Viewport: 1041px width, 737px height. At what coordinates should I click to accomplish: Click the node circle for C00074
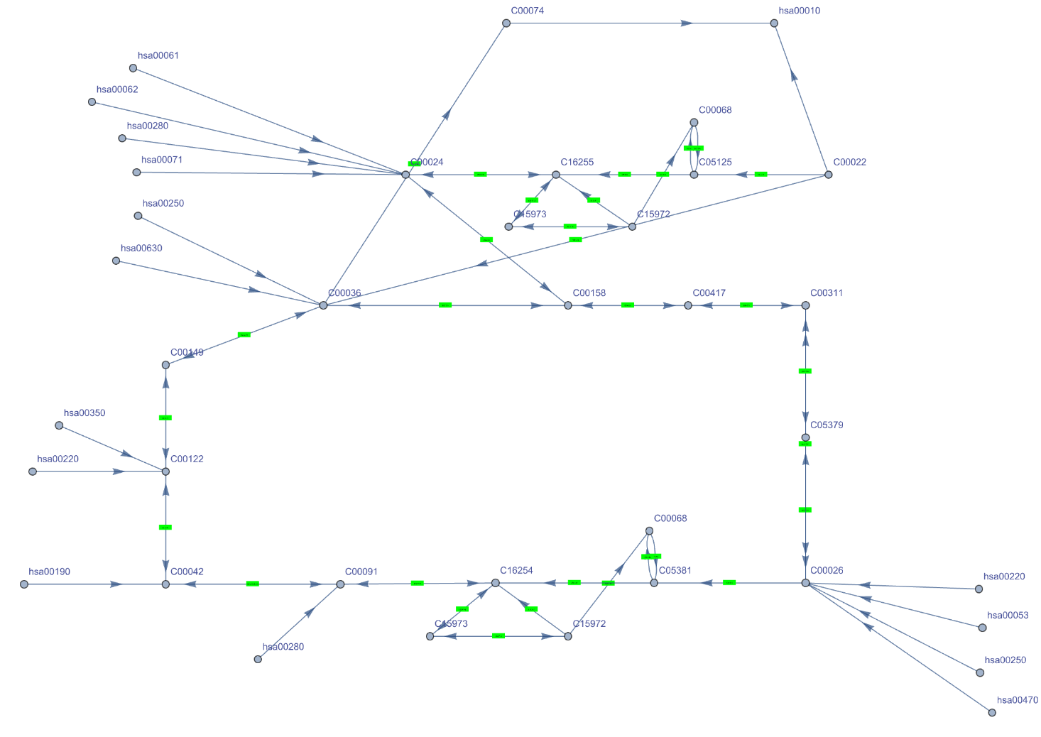click(506, 23)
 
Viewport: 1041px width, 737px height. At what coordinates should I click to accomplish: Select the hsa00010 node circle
click(774, 23)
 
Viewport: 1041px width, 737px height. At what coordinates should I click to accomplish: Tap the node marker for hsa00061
click(133, 68)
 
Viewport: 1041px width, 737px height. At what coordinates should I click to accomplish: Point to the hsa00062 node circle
click(92, 102)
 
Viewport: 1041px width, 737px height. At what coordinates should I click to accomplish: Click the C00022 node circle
click(828, 175)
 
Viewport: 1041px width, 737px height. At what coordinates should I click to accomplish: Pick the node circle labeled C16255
click(556, 175)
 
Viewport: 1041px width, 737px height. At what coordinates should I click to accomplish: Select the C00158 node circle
click(568, 305)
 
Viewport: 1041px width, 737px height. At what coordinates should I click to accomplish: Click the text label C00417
click(709, 293)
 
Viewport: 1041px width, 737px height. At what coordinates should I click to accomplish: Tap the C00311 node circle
click(805, 305)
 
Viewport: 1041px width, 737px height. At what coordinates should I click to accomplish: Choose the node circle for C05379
click(805, 438)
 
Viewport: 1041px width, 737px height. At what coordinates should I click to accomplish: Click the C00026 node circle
click(805, 583)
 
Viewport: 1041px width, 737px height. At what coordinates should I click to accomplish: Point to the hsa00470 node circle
click(992, 713)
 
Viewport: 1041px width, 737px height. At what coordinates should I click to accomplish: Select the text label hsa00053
click(1008, 616)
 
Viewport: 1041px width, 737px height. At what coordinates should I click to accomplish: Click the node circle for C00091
click(340, 584)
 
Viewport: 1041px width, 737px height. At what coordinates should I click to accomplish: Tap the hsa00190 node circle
click(24, 584)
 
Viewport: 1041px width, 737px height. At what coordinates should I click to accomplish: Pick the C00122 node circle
click(165, 471)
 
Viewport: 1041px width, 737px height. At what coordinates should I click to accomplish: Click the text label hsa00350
click(85, 413)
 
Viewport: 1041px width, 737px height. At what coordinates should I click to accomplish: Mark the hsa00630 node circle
click(116, 261)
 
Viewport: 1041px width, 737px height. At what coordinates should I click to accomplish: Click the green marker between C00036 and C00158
click(445, 305)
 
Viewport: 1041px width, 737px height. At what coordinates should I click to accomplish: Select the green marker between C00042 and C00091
click(253, 584)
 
